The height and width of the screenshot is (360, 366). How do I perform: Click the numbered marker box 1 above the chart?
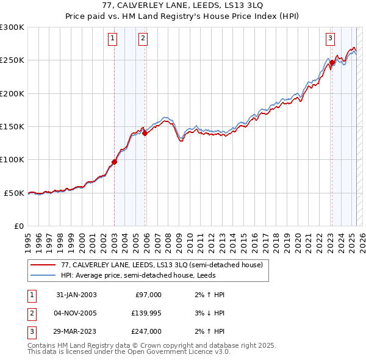[113, 38]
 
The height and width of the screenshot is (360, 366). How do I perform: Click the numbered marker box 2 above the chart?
[143, 38]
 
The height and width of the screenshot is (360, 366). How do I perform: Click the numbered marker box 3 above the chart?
[330, 38]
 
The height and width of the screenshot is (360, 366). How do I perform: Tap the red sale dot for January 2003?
[114, 162]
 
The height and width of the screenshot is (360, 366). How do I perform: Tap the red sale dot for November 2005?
[145, 134]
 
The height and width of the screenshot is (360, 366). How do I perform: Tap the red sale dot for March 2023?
[332, 62]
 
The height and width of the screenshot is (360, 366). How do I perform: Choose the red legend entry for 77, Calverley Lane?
[162, 265]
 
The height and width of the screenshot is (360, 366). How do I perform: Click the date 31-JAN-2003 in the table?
[76, 295]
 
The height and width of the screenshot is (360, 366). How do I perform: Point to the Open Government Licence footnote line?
[129, 352]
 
